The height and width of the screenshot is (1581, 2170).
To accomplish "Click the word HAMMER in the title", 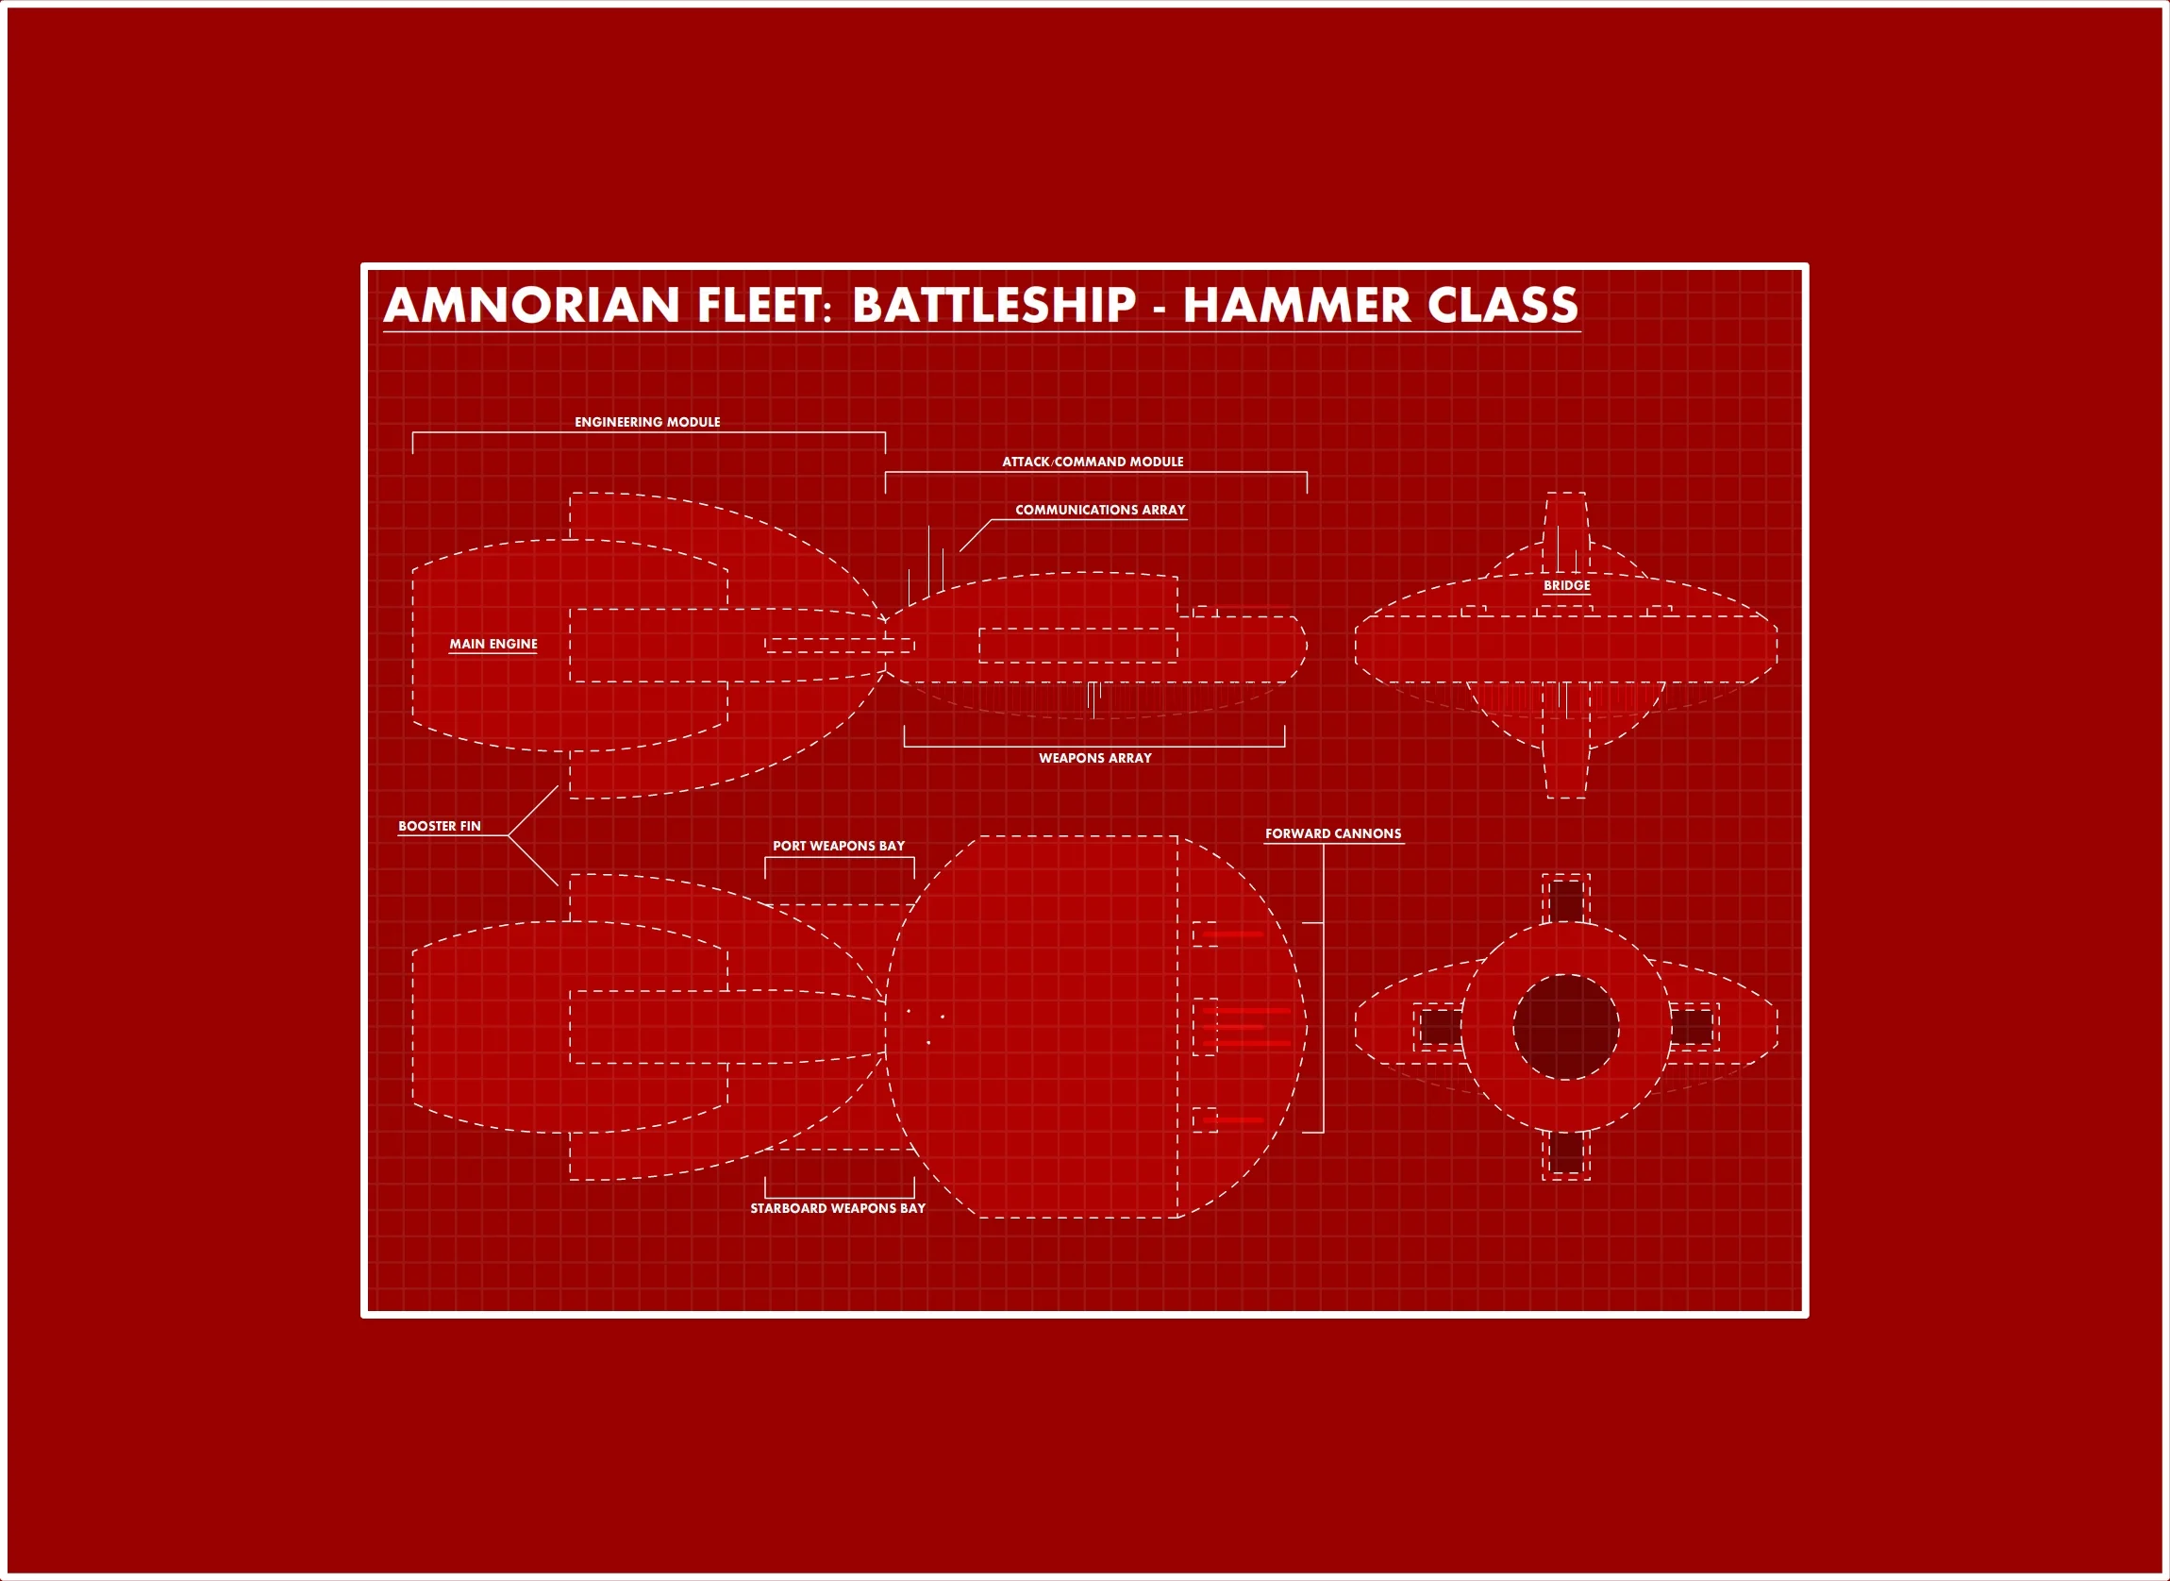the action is (x=1295, y=305).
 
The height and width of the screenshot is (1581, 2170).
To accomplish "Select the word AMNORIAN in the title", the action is (x=531, y=305).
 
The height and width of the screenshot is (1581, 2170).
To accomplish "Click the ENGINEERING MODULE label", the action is (x=647, y=422).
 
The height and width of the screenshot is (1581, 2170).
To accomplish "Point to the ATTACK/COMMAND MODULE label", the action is (x=1092, y=462).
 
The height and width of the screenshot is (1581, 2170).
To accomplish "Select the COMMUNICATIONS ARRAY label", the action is (x=1099, y=510).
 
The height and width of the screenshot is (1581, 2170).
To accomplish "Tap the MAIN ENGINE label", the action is (x=492, y=644).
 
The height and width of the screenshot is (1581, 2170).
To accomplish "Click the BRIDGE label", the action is (x=1566, y=585).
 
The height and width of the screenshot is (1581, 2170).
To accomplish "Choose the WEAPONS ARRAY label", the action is (x=1094, y=758).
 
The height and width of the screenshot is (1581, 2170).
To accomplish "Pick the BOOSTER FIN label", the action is (x=439, y=826).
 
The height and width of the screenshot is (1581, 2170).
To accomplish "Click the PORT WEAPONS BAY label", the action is (x=838, y=846).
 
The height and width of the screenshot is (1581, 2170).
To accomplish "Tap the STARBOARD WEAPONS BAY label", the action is (x=837, y=1208).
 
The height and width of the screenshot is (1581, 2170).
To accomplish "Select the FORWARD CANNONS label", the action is (x=1333, y=833).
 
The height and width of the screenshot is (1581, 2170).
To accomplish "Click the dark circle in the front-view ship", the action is (x=1565, y=1028).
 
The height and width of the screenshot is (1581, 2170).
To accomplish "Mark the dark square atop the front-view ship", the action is (x=1566, y=900).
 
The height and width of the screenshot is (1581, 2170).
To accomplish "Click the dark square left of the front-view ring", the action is (x=1439, y=1028).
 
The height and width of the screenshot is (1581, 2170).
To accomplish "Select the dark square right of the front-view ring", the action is (x=1692, y=1028).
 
